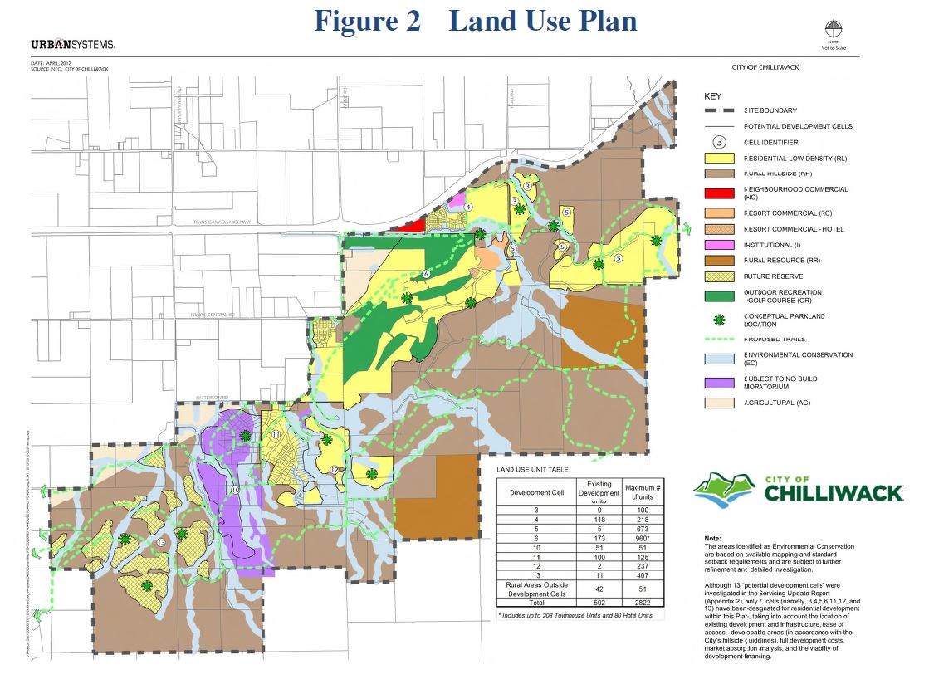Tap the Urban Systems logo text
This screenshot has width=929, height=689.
73,45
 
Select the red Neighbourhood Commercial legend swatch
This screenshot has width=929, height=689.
719,193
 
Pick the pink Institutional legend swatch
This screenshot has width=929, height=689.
719,245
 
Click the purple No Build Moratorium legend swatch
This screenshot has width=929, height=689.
719,383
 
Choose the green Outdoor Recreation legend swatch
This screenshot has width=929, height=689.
719,296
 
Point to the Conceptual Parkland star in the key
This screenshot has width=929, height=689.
719,320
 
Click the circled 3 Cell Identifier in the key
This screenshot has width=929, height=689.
720,143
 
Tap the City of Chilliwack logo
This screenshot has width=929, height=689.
798,490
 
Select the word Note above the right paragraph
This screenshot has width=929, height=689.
711,539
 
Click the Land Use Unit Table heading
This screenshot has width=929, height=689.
533,470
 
